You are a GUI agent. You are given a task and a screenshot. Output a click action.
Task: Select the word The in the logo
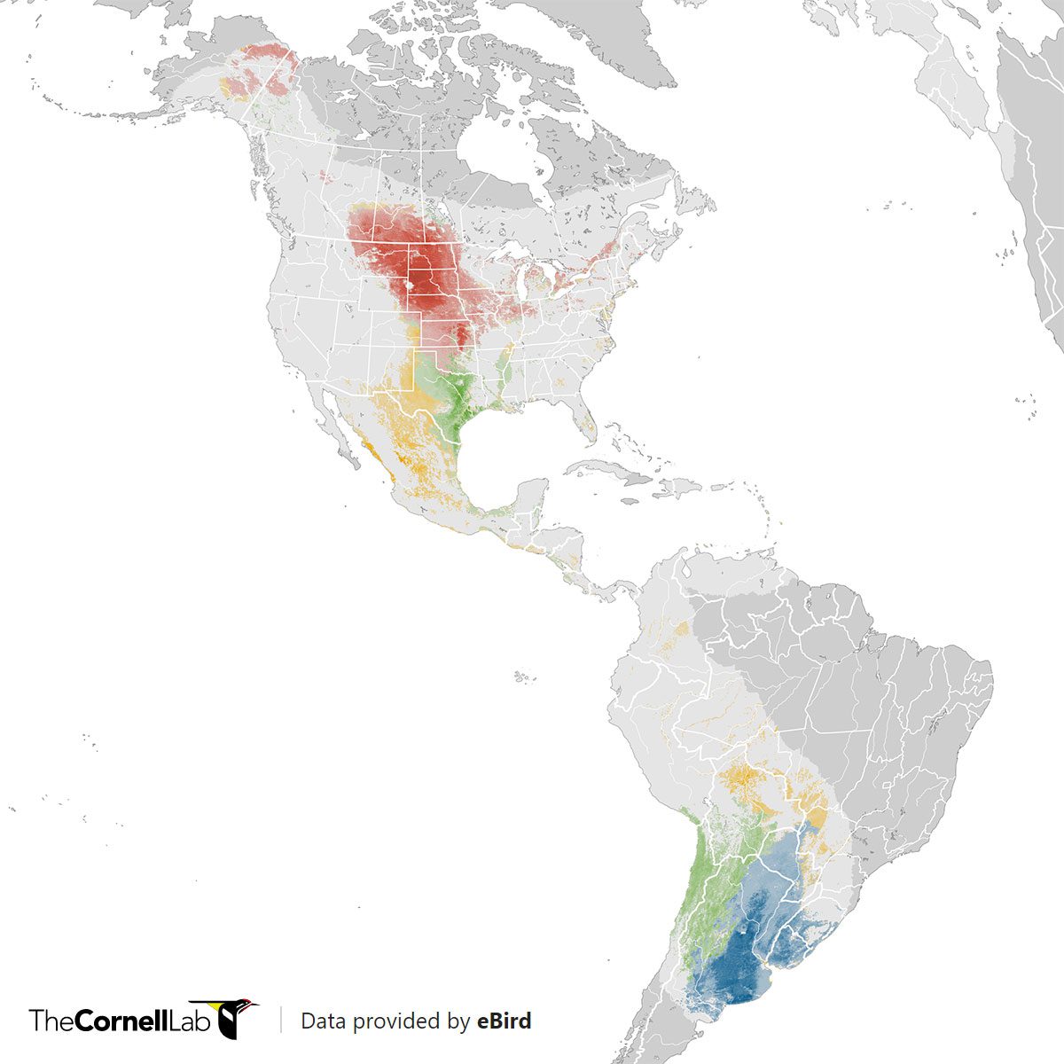(51, 1021)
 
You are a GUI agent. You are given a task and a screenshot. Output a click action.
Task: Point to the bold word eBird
(504, 1021)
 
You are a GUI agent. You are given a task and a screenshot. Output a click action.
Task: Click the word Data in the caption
(322, 1021)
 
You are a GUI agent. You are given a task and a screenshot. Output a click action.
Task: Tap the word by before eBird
(458, 1021)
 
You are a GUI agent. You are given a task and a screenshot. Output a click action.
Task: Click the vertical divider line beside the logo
(281, 1020)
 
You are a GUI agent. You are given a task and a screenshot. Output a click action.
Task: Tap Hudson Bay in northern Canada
(501, 155)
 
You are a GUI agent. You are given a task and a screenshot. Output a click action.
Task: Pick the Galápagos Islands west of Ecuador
(523, 677)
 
